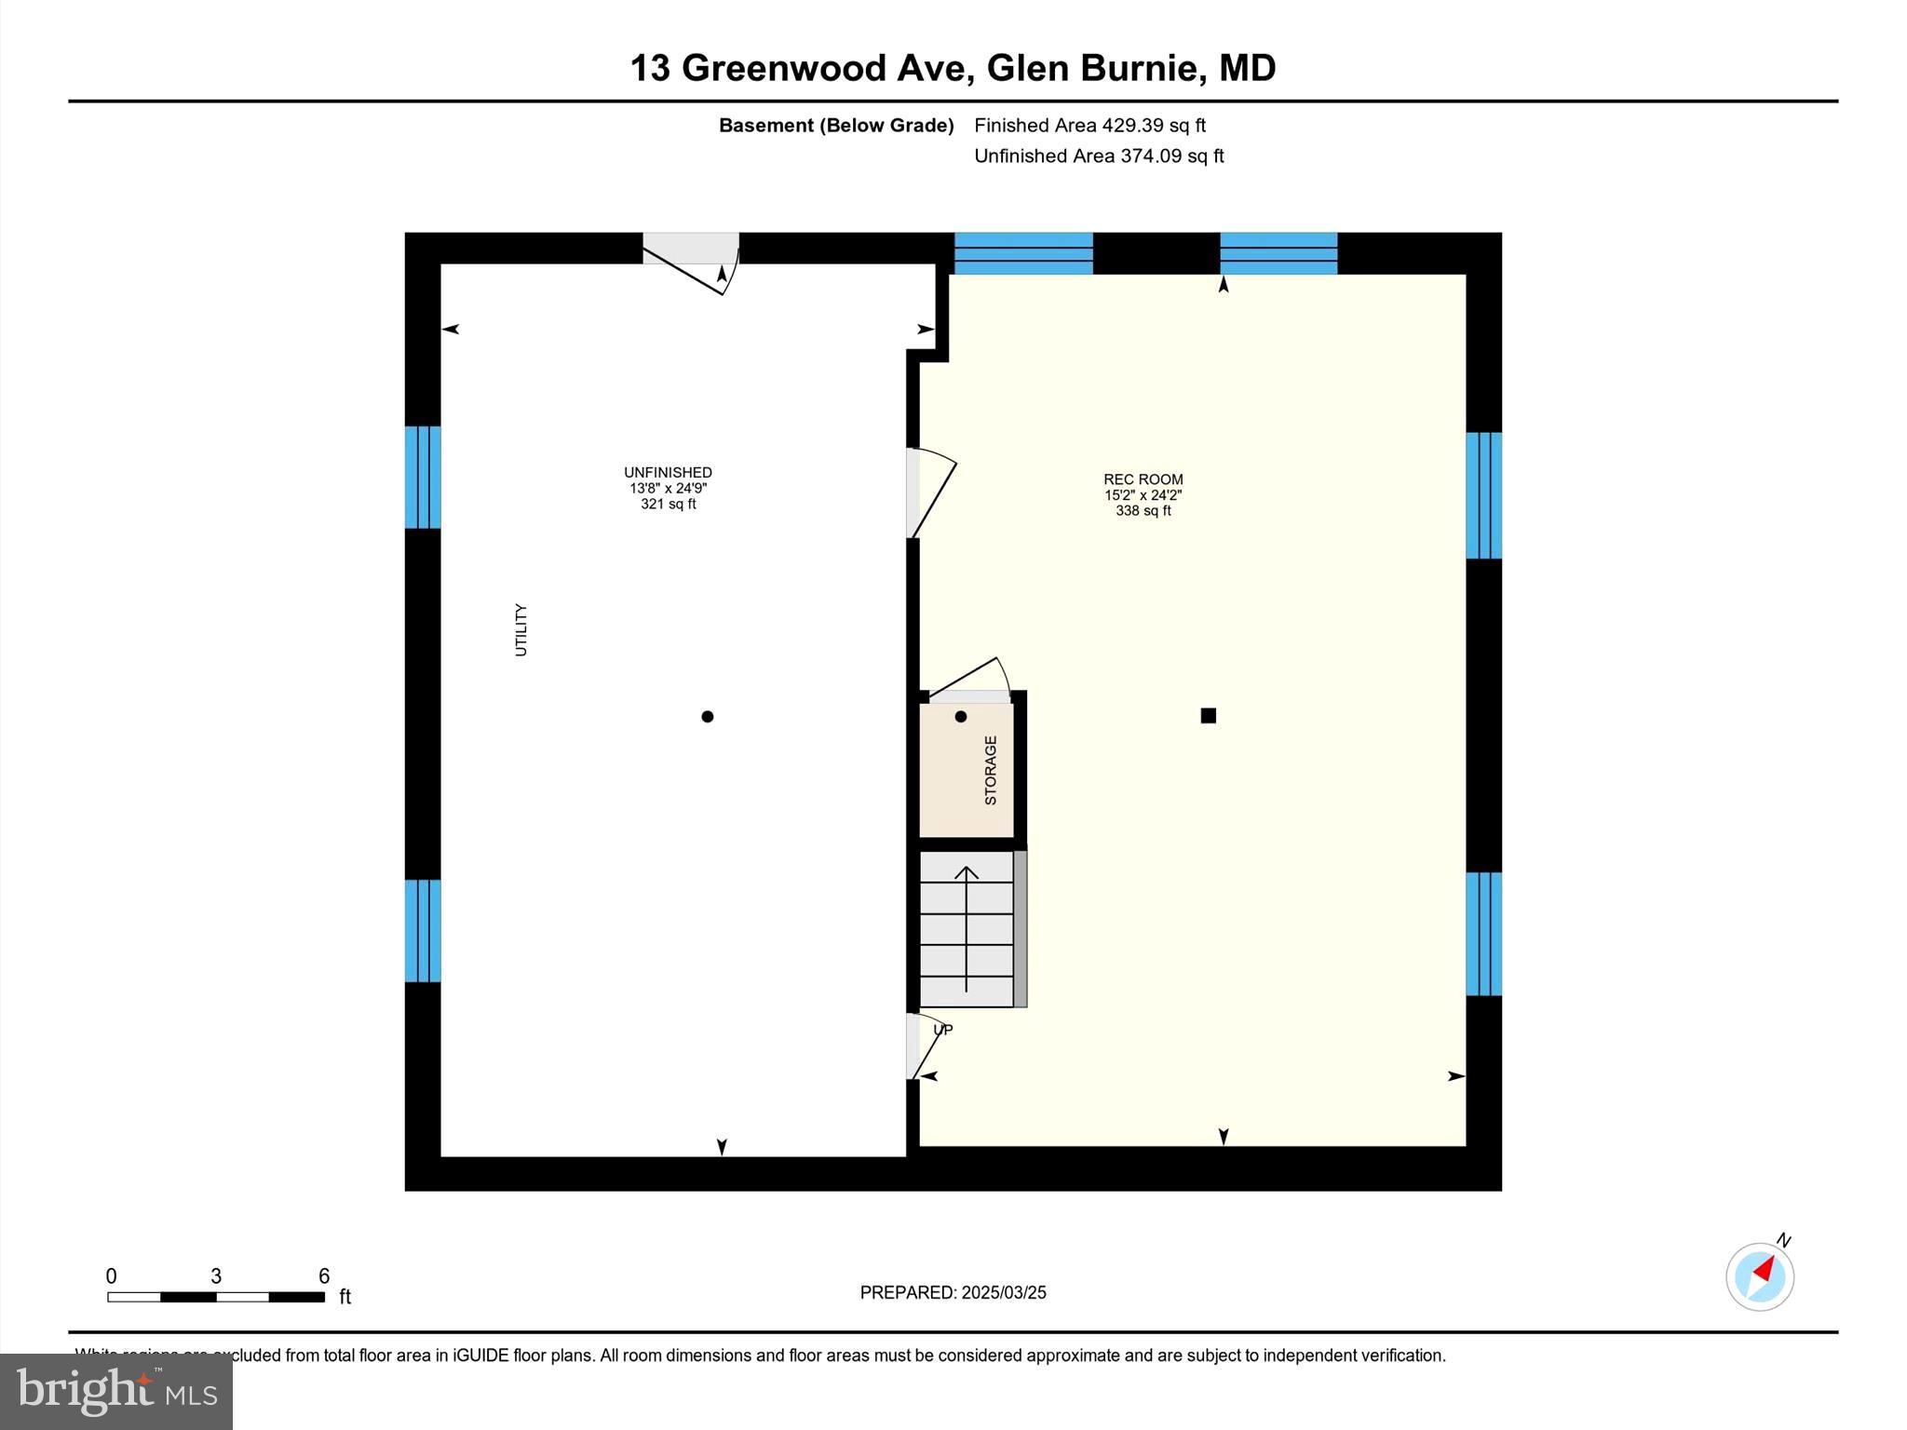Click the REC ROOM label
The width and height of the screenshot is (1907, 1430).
click(x=1143, y=479)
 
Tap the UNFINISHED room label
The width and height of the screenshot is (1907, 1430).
click(x=668, y=473)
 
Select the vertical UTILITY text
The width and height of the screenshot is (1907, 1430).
click(x=521, y=630)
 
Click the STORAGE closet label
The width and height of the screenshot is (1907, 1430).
click(x=991, y=770)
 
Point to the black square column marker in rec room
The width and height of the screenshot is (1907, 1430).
click(x=1208, y=715)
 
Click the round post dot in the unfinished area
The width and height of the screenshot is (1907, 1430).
click(x=708, y=716)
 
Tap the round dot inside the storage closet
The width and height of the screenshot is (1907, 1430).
click(x=961, y=716)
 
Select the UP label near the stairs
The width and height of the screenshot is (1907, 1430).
click(x=943, y=1030)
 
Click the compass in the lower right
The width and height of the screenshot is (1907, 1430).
click(x=1759, y=1276)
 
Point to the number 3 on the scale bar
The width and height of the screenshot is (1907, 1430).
click(x=216, y=1276)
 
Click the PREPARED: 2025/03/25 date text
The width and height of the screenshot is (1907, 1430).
click(x=953, y=1292)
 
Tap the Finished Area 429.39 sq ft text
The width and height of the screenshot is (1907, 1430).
click(x=1089, y=125)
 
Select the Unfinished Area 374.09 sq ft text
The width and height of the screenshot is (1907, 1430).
click(x=1099, y=155)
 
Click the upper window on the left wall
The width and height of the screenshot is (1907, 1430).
click(x=423, y=477)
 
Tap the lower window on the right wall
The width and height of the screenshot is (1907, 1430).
click(x=1483, y=934)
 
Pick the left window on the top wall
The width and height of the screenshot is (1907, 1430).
click(x=1023, y=253)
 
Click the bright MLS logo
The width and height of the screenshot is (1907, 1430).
click(x=116, y=1391)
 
